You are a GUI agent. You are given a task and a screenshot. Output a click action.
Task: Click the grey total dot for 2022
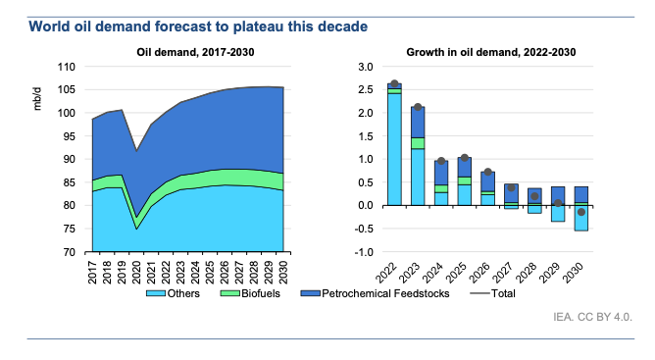point(394,83)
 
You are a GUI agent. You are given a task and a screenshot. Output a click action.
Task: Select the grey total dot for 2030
point(581,212)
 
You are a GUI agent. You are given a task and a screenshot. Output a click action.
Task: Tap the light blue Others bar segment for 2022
point(394,149)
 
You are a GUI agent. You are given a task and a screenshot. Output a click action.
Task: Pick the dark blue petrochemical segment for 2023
point(418,122)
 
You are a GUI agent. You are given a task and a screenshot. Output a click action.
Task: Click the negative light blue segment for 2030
point(581,218)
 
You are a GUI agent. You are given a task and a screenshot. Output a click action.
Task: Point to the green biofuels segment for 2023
point(418,143)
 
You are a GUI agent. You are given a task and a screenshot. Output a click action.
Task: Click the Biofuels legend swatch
point(230,293)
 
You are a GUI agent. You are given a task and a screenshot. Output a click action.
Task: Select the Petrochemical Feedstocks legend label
point(385,293)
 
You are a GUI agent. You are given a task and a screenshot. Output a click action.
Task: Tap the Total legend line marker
point(479,293)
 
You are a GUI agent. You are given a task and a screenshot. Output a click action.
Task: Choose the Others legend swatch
point(156,293)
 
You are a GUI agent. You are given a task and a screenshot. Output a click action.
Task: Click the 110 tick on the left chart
point(66,67)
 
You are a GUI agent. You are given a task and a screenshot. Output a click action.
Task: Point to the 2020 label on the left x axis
point(136,273)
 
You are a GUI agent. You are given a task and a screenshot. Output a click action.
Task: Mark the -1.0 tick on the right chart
point(364,252)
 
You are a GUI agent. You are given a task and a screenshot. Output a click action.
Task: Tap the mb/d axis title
point(37,99)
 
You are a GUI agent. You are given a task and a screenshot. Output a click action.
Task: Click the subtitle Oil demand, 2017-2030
point(195,52)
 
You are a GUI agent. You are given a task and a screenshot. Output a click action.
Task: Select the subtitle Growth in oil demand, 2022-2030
point(491,52)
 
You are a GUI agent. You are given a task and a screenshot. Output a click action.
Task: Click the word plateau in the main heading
point(253,26)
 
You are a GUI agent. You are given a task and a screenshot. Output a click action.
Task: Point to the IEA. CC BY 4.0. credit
point(593,317)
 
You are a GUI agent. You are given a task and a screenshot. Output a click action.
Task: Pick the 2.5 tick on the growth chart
point(366,89)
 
